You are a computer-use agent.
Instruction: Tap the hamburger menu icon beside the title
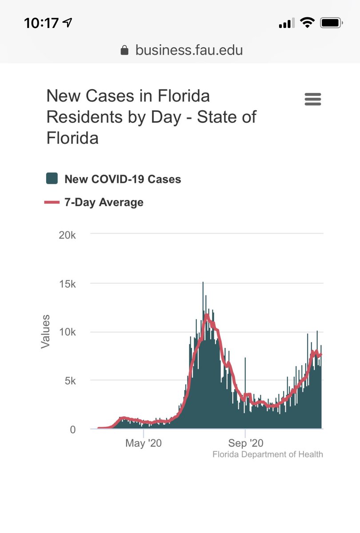click(x=313, y=99)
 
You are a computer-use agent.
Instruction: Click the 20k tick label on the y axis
click(x=68, y=235)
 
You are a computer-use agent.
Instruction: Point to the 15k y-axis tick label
click(x=68, y=284)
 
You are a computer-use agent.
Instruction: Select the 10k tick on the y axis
click(x=68, y=333)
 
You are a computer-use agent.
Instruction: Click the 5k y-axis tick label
click(x=70, y=381)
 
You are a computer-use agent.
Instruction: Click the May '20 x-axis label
click(x=143, y=443)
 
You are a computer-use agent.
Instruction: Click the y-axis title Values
click(x=45, y=331)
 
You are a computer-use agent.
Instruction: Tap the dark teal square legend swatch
click(x=52, y=179)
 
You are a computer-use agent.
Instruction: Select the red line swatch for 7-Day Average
click(x=52, y=203)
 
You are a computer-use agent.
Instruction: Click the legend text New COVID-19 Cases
click(x=123, y=179)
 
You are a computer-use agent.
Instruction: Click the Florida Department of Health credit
click(x=268, y=454)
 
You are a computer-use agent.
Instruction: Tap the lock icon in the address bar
click(x=125, y=51)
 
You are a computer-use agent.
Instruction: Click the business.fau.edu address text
click(x=189, y=50)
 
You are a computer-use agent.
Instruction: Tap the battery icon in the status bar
click(x=331, y=23)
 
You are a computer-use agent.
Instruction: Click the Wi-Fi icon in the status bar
click(x=306, y=23)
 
